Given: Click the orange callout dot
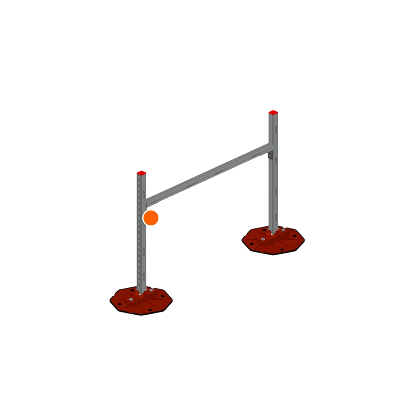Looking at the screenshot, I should pyautogui.click(x=151, y=218).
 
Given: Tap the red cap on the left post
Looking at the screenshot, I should pyautogui.click(x=141, y=173).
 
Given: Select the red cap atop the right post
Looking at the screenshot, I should pyautogui.click(x=273, y=112).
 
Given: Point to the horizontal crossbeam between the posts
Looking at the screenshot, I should pyautogui.click(x=209, y=173).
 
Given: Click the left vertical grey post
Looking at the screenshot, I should pyautogui.click(x=141, y=251).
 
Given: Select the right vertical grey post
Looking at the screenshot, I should pyautogui.click(x=273, y=189).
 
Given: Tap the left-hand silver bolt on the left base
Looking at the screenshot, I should pyautogui.click(x=131, y=299).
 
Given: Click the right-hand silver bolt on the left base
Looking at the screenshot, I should pyautogui.click(x=151, y=290).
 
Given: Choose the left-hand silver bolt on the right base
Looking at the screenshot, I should pyautogui.click(x=263, y=239).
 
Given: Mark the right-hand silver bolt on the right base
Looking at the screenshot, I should pyautogui.click(x=283, y=230).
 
